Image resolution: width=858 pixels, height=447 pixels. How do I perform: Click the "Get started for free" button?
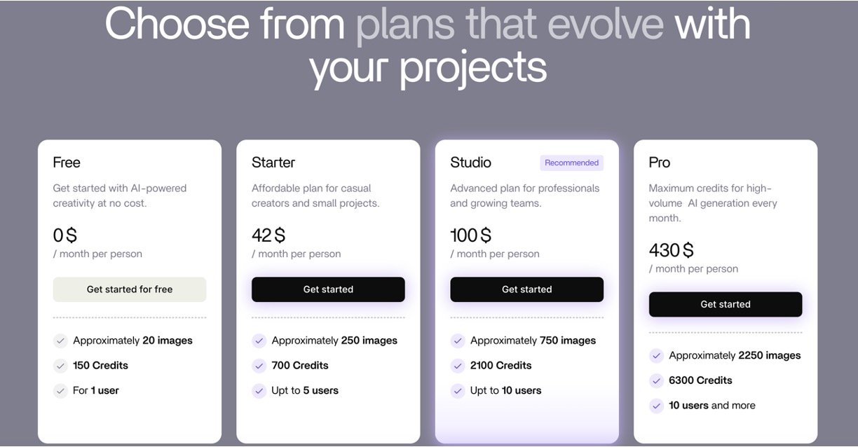(130, 289)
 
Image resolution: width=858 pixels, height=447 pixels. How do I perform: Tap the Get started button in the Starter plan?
(328, 289)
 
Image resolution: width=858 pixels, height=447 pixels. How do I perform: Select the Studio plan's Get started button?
(526, 289)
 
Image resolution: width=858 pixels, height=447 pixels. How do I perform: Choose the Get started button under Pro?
(726, 304)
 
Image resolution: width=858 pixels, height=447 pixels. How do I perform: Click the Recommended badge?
(571, 163)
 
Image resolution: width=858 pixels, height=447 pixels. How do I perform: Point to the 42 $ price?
(268, 235)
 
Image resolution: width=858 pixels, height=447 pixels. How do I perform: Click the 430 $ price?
(671, 250)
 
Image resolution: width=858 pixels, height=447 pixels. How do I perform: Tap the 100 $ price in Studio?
(470, 235)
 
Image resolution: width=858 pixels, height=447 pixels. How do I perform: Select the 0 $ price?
(64, 235)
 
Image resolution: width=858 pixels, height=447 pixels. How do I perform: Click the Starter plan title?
(273, 163)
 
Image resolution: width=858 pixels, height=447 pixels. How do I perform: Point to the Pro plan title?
(659, 163)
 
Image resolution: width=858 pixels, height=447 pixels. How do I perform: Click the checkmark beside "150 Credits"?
(60, 366)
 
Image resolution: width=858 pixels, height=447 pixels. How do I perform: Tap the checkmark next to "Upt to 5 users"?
(259, 390)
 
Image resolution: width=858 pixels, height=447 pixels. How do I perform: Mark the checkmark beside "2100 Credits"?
(457, 366)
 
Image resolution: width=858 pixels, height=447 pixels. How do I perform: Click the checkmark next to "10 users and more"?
(656, 405)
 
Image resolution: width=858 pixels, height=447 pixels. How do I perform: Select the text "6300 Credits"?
(700, 380)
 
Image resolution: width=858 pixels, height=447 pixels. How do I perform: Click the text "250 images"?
(369, 341)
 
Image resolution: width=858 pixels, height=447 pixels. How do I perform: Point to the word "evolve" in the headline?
(606, 25)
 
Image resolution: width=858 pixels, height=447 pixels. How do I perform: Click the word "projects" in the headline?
(473, 68)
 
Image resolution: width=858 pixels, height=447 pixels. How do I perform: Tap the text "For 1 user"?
(96, 390)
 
